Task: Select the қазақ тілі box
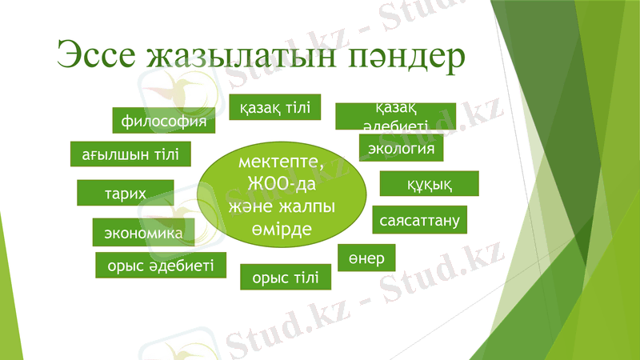click(x=275, y=107)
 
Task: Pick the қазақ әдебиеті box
click(x=395, y=116)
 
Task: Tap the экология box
click(x=401, y=148)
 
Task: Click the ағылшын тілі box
click(x=130, y=154)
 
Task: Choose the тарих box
click(x=125, y=193)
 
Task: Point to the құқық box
click(x=429, y=184)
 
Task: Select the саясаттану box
click(x=420, y=218)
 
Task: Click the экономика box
click(x=143, y=232)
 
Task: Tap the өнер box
click(x=366, y=258)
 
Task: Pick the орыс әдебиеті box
click(x=161, y=265)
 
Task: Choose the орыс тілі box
click(x=286, y=277)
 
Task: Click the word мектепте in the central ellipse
click(x=282, y=162)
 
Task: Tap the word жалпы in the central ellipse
click(x=308, y=206)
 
